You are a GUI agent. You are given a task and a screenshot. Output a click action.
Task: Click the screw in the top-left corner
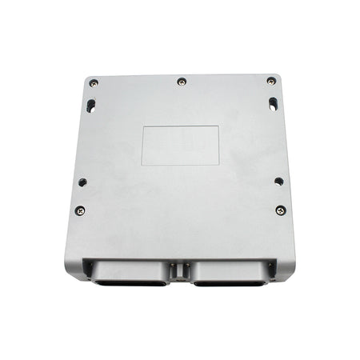(94, 82)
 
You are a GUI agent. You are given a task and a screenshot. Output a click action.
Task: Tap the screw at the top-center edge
(182, 81)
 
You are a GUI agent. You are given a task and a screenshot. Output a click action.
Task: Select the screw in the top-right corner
(271, 81)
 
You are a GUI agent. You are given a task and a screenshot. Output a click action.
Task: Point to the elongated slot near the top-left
(90, 104)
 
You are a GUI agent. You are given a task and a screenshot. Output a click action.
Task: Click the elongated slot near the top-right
(274, 103)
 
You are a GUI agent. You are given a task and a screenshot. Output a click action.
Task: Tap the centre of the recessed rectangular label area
(181, 145)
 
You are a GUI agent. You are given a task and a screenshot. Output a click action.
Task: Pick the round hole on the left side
(82, 182)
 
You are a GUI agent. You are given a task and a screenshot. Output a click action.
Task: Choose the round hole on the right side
(278, 181)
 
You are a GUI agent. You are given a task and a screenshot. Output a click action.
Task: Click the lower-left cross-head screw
(80, 210)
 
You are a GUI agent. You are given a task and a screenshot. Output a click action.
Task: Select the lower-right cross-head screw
(280, 210)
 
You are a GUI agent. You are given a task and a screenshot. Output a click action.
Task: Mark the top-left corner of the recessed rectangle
(142, 126)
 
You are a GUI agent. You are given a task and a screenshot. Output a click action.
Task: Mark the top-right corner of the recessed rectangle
(219, 126)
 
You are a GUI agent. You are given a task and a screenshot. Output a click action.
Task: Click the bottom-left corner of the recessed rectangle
(142, 165)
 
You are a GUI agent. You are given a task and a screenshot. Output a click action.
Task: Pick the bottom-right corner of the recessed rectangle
(219, 165)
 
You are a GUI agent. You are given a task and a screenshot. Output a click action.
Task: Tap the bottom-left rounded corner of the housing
(69, 272)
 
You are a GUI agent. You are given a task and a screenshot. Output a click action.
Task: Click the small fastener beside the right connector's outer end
(270, 266)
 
